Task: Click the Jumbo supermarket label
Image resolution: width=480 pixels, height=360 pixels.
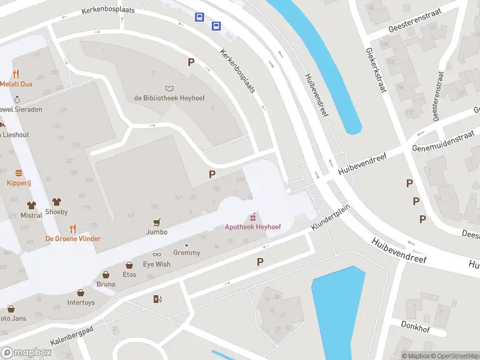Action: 157,232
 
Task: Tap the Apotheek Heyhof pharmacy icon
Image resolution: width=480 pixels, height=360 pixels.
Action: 253,216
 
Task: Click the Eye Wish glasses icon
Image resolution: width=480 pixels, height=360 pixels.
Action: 157,254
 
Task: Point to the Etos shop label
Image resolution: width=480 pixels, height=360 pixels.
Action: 129,275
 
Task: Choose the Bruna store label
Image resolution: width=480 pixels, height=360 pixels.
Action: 106,284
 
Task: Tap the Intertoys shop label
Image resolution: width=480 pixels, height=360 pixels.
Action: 81,302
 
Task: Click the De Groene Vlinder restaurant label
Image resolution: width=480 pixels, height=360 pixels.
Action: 73,238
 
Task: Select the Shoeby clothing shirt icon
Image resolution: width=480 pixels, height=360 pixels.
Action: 57,202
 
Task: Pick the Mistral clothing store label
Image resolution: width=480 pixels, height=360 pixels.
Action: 31,214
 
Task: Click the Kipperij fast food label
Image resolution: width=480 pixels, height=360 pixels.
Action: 19,182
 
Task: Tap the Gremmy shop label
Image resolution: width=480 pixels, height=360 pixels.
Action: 187,253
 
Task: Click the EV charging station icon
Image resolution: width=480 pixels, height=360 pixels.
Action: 157,299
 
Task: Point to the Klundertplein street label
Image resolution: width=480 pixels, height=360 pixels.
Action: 330,220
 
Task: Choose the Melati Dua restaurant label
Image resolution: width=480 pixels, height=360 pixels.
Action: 16,84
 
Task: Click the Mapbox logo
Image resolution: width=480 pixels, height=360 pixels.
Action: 26,352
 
